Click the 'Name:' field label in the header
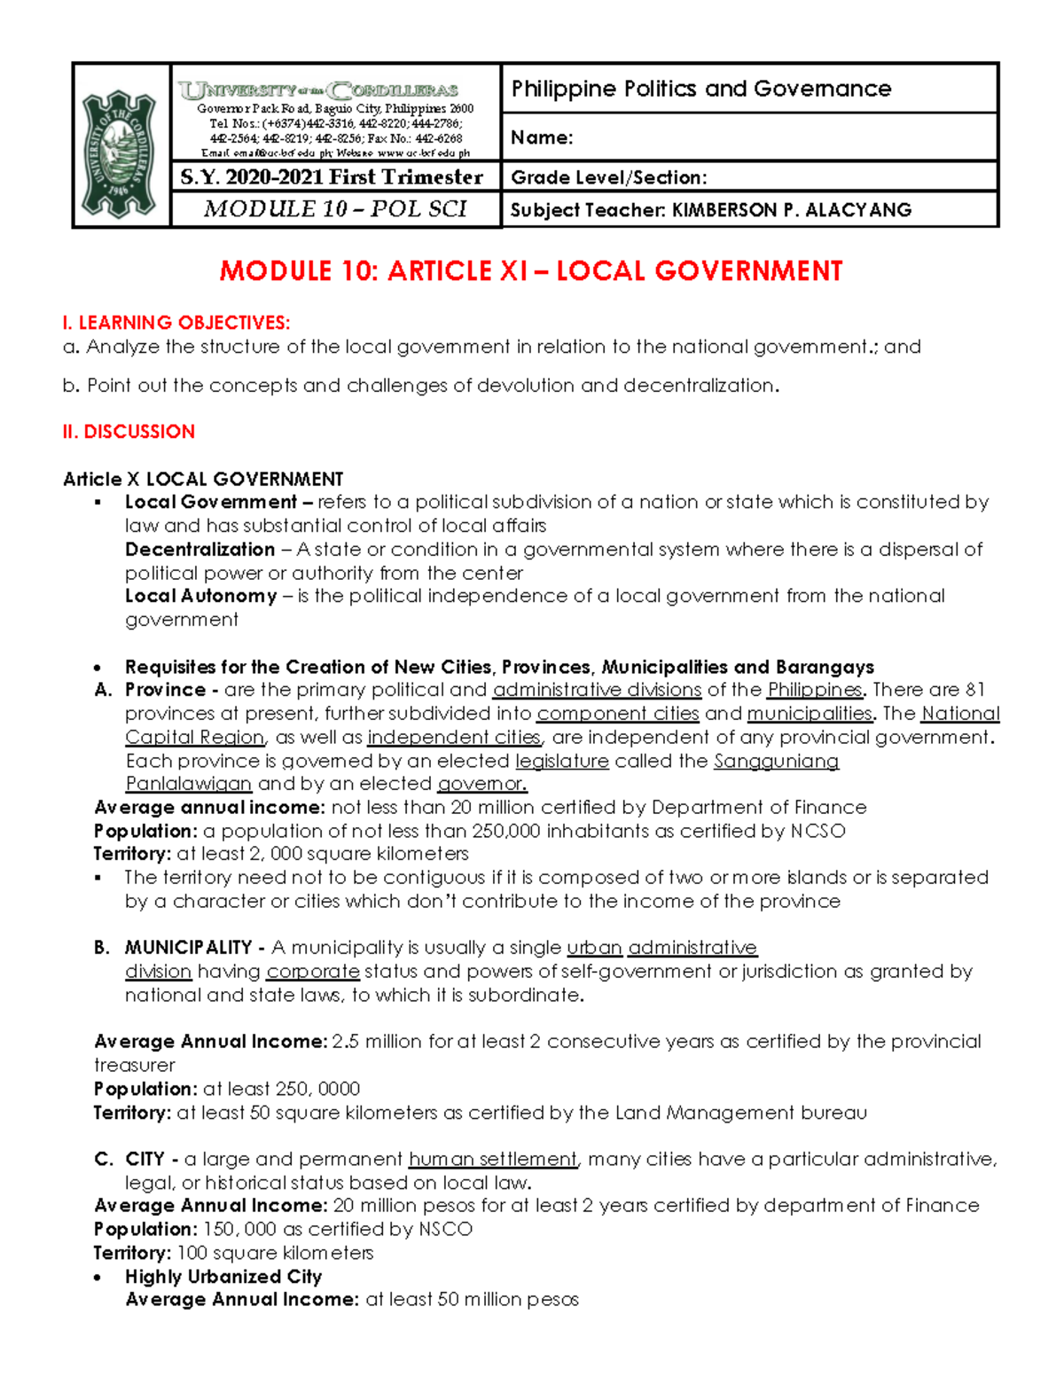tap(542, 137)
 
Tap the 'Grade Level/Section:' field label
tap(608, 177)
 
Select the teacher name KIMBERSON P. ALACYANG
tap(791, 210)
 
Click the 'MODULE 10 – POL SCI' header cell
tap(335, 209)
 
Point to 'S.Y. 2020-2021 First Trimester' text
tap(332, 177)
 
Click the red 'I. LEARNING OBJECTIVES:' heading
tap(176, 323)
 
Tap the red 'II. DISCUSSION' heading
tap(129, 432)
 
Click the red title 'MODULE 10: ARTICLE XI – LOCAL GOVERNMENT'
tap(530, 271)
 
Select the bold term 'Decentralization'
tap(199, 550)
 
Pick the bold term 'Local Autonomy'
tap(200, 597)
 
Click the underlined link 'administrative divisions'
tap(597, 690)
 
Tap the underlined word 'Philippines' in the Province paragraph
tap(814, 690)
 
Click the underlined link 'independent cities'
tap(454, 738)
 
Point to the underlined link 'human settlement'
tap(492, 1160)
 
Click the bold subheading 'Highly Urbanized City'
tap(223, 1277)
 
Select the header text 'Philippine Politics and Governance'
tap(700, 89)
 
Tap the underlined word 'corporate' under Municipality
tap(313, 972)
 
